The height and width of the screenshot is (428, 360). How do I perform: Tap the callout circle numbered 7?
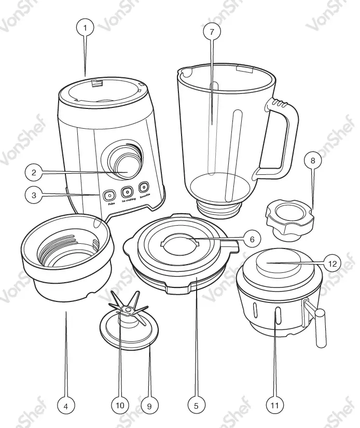click(212, 32)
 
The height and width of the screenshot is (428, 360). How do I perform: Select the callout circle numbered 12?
click(333, 264)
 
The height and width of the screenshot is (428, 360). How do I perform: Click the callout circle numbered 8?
click(312, 161)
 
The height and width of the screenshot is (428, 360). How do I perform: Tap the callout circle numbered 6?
click(252, 239)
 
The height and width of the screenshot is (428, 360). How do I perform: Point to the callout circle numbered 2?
click(33, 171)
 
